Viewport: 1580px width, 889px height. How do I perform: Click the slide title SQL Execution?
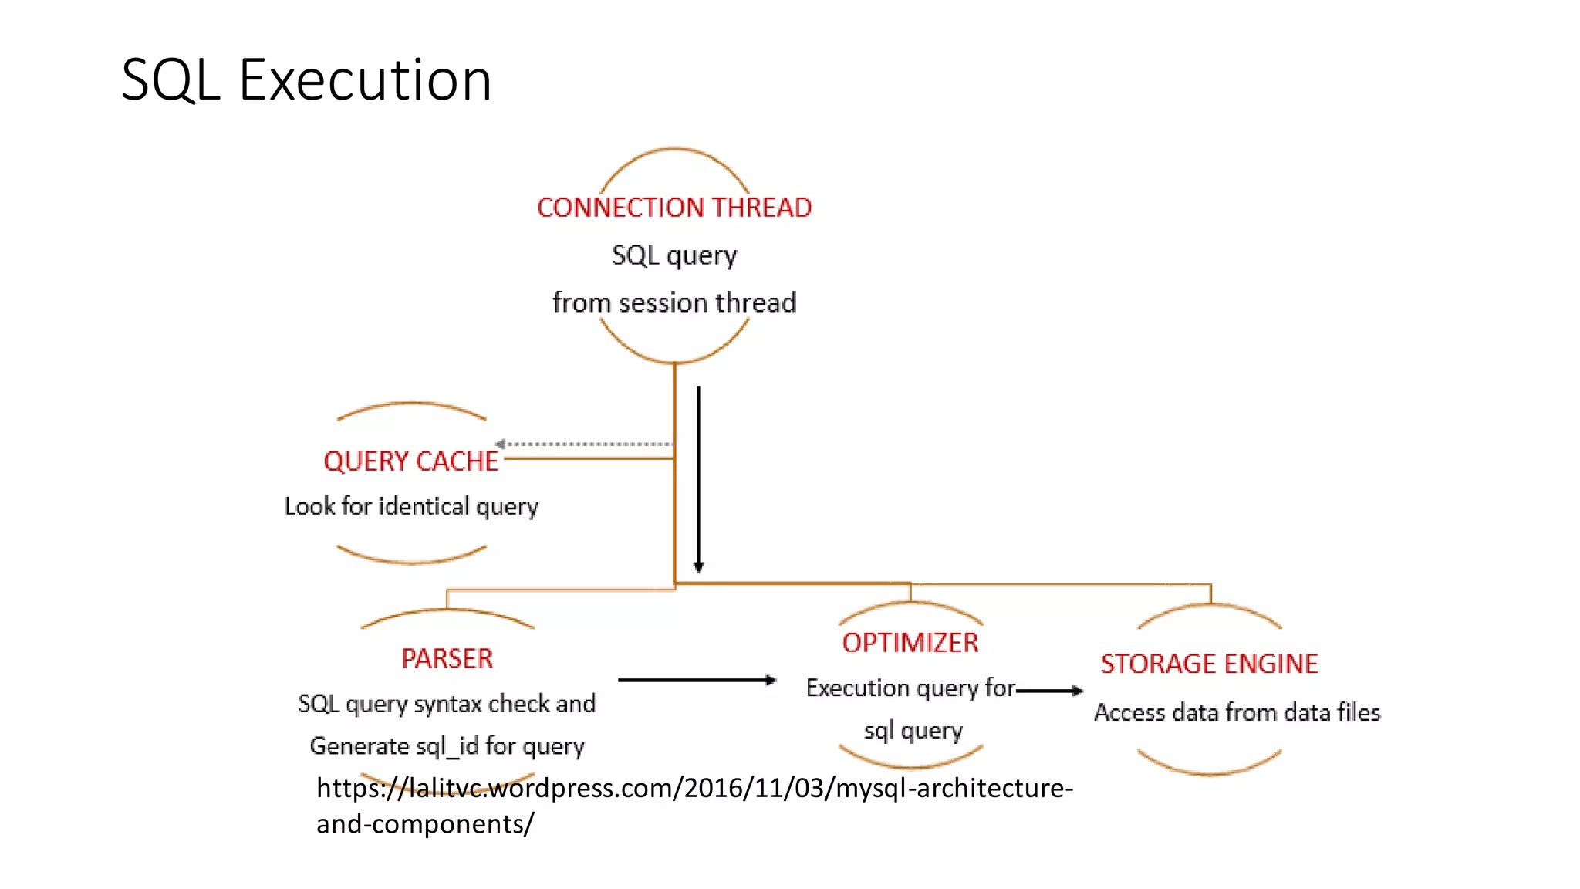tap(306, 79)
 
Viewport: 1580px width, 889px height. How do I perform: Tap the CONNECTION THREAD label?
tap(674, 208)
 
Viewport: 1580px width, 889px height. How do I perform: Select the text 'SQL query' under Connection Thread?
tap(674, 255)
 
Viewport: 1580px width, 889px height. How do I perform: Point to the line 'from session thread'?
tap(674, 303)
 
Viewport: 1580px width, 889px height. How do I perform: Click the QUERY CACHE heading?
tap(410, 461)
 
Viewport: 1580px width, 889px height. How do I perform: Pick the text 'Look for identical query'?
tap(411, 507)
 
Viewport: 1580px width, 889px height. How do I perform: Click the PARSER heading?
tap(447, 659)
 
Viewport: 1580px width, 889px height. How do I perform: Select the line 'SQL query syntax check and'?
tap(447, 704)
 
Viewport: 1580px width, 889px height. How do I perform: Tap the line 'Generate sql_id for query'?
tap(447, 746)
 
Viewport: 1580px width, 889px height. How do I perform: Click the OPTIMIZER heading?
tap(910, 643)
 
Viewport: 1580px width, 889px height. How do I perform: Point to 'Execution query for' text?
tap(910, 688)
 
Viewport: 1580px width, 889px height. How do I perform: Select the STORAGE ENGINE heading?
tap(1209, 664)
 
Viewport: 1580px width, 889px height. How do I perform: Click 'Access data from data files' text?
tap(1237, 712)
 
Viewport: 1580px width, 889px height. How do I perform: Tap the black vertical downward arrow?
tap(698, 478)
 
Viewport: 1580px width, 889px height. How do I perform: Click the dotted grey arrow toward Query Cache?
tap(586, 444)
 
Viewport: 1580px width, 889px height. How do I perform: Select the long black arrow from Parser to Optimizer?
tap(696, 680)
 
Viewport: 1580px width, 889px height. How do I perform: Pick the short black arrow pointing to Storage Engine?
tap(1049, 691)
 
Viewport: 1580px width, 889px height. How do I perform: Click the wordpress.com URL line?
tap(694, 788)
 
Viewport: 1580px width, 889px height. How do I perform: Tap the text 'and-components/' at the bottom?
tap(425, 824)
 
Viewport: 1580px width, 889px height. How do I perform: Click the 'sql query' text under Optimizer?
tap(913, 730)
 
